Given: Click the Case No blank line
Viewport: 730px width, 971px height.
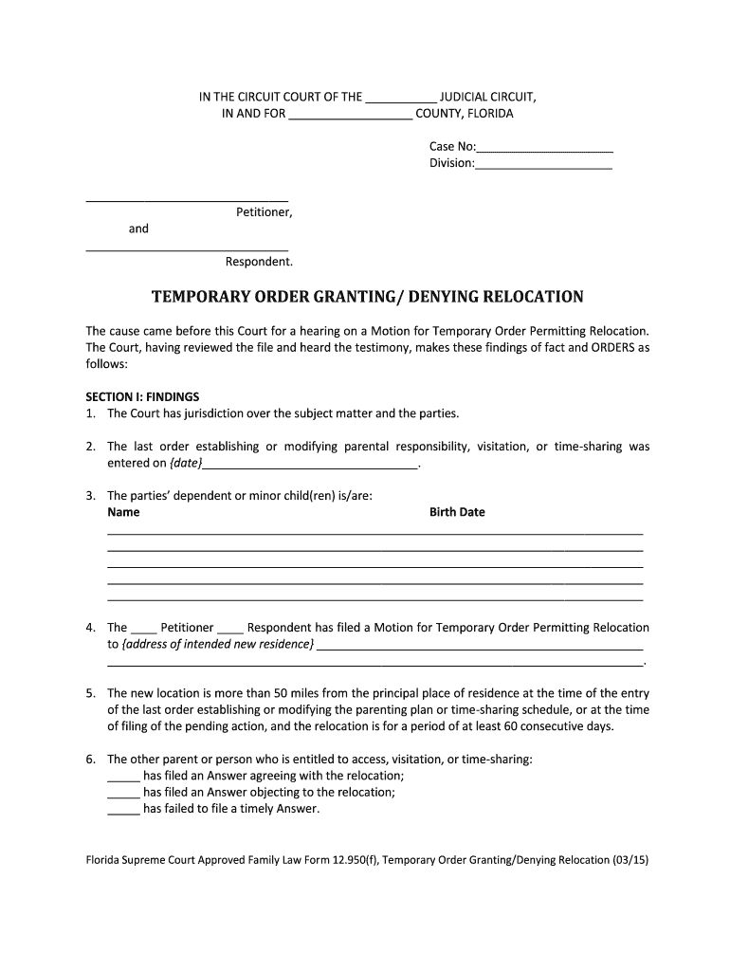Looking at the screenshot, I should coord(545,149).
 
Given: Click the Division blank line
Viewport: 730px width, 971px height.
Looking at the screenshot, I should coord(543,165).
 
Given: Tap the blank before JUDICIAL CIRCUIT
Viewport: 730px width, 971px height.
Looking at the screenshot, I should coord(400,98).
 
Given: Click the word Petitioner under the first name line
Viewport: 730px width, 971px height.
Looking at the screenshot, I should coord(264,212).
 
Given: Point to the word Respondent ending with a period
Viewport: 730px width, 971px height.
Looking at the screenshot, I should coord(259,262).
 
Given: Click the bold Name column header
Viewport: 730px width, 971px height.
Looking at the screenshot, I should coord(123,512).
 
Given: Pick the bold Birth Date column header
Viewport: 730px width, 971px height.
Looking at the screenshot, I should coord(457,512).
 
